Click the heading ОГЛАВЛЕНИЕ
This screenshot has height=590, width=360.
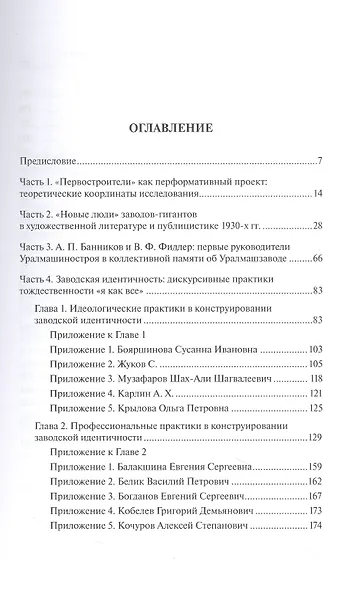180,129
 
